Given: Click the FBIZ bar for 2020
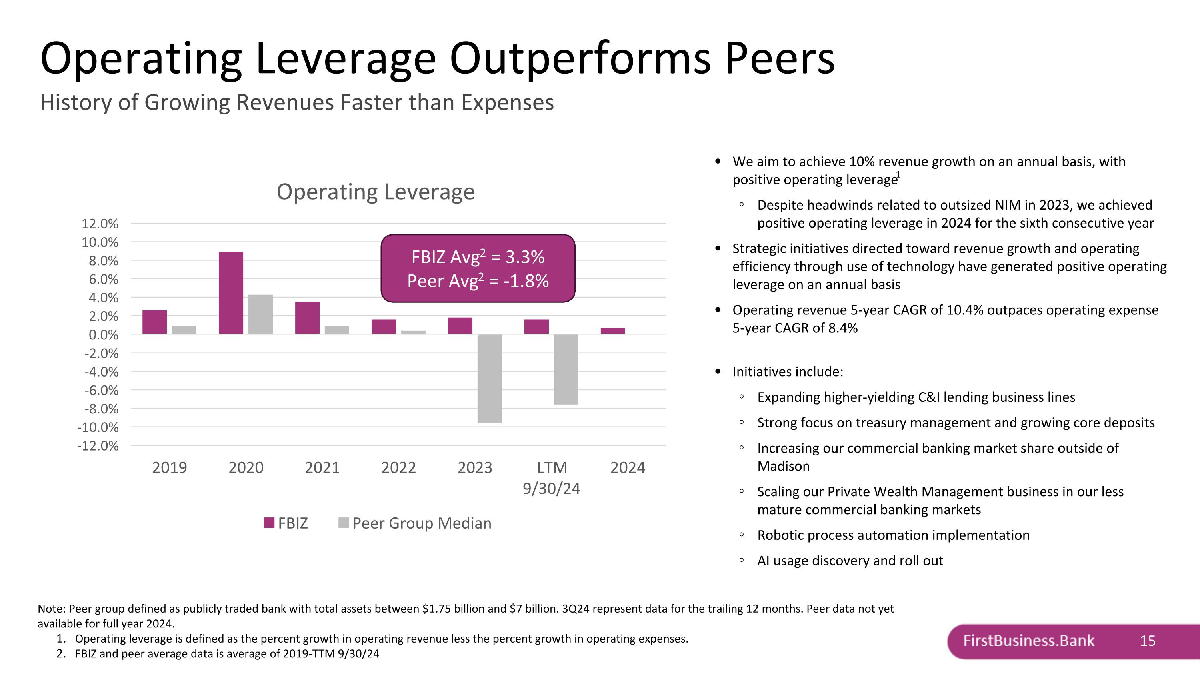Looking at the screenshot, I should coord(231,292).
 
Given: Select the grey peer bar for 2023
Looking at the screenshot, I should coord(490,378).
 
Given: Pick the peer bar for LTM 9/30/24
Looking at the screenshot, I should coord(566,369).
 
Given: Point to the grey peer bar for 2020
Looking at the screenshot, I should coord(260,314).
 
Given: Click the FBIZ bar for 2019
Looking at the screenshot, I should coord(155,322).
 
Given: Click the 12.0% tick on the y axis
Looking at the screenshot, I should coord(100,224).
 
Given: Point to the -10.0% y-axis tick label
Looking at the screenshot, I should coord(98,427).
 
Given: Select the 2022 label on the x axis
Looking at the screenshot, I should coord(398,467).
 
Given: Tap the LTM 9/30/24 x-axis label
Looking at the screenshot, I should coord(552,477).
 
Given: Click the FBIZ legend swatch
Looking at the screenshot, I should coord(269,523).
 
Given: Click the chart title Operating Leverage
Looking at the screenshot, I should coord(376,192).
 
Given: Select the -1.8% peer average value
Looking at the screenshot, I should coord(526,281).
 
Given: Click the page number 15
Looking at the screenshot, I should coord(1147,641).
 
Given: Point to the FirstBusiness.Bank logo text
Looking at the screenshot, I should coord(1028,641).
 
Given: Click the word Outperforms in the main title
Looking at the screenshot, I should coord(580,58).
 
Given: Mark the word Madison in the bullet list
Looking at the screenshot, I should coord(784,466).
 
